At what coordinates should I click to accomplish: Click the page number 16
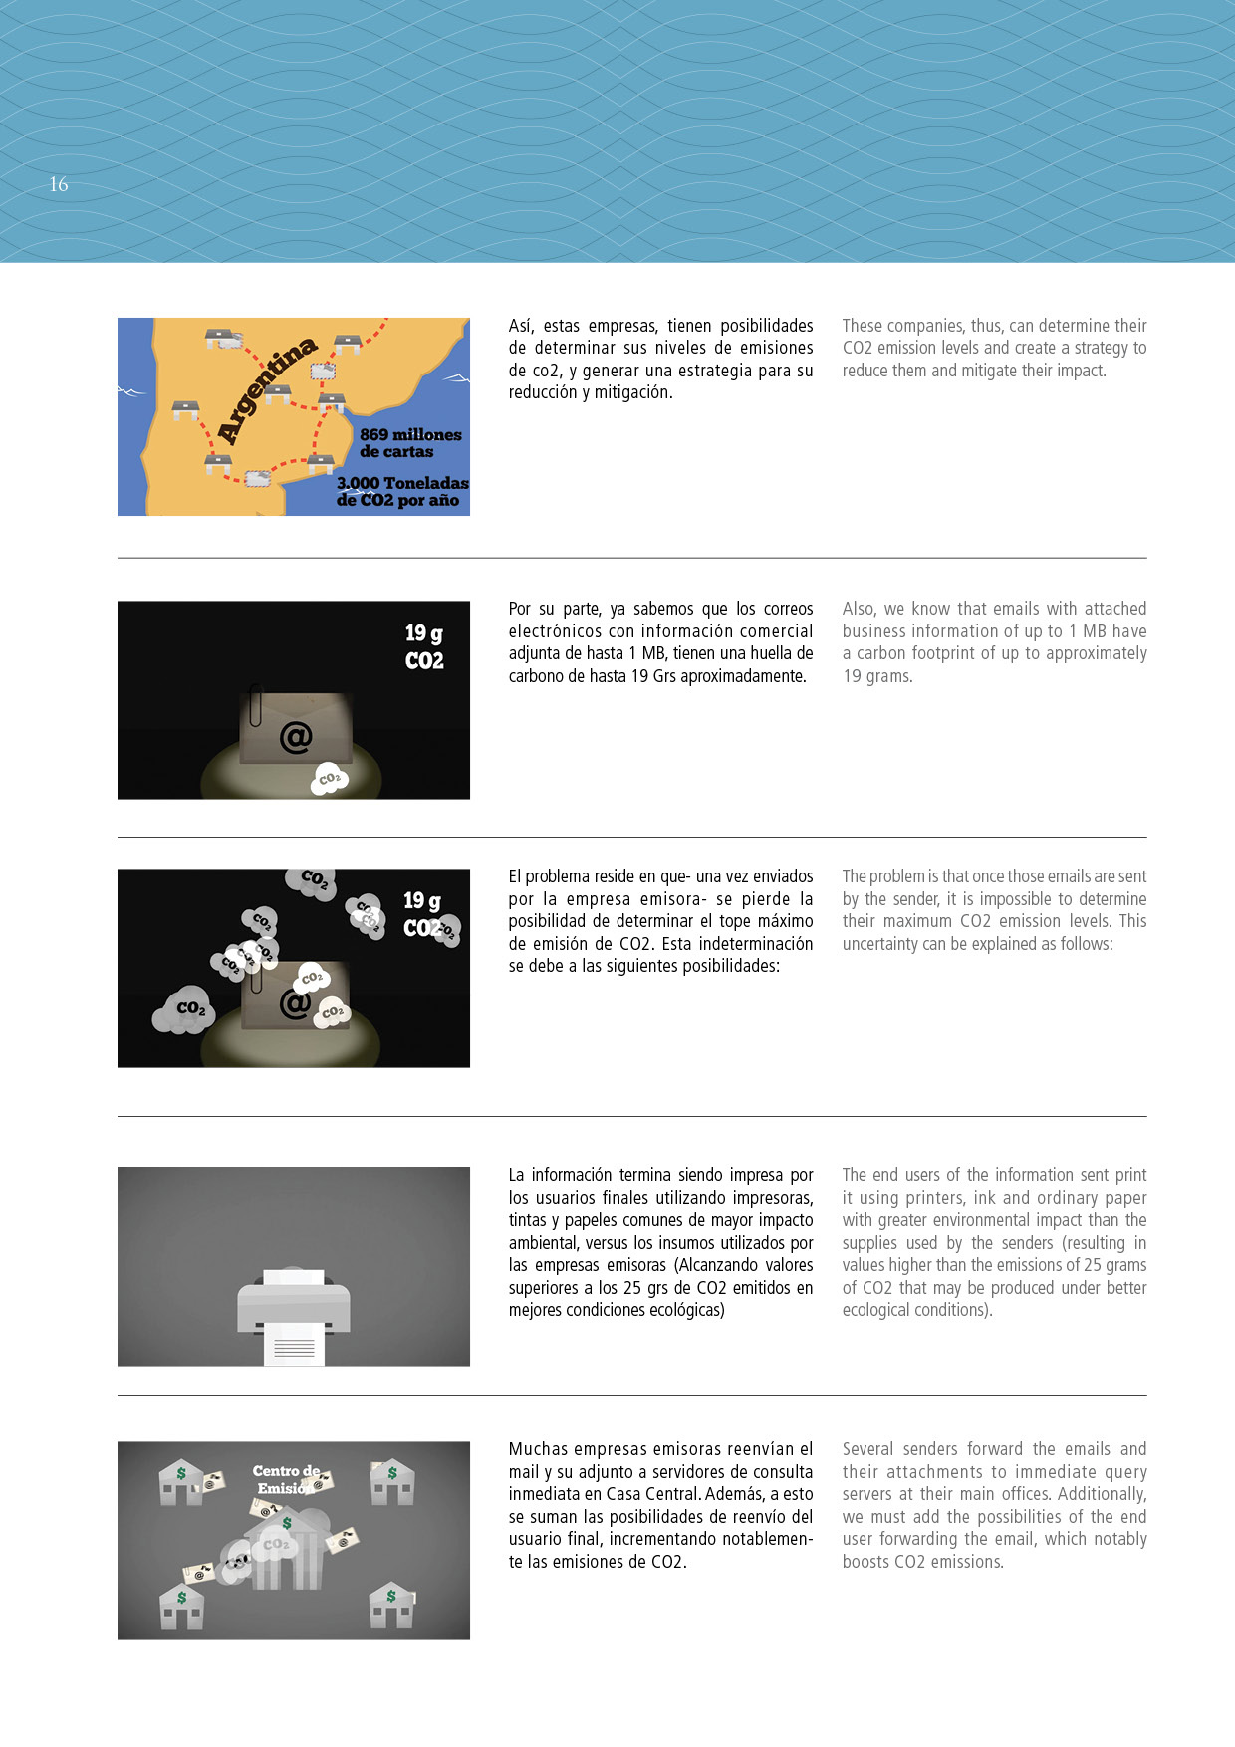pyautogui.click(x=59, y=184)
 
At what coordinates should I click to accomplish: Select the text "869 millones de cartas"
pyautogui.click(x=410, y=443)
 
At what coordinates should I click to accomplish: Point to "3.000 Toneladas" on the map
pyautogui.click(x=402, y=483)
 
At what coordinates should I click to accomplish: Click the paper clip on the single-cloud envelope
pyautogui.click(x=256, y=704)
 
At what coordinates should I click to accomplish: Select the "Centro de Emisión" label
pyautogui.click(x=286, y=1479)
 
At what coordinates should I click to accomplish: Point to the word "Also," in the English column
pyautogui.click(x=859, y=609)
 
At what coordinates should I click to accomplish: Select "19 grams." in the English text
pyautogui.click(x=877, y=676)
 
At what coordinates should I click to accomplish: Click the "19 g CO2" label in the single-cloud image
pyautogui.click(x=424, y=646)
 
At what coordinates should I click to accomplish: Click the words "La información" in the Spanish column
pyautogui.click(x=564, y=1175)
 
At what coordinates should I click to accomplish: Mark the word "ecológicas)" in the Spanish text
pyautogui.click(x=684, y=1310)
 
